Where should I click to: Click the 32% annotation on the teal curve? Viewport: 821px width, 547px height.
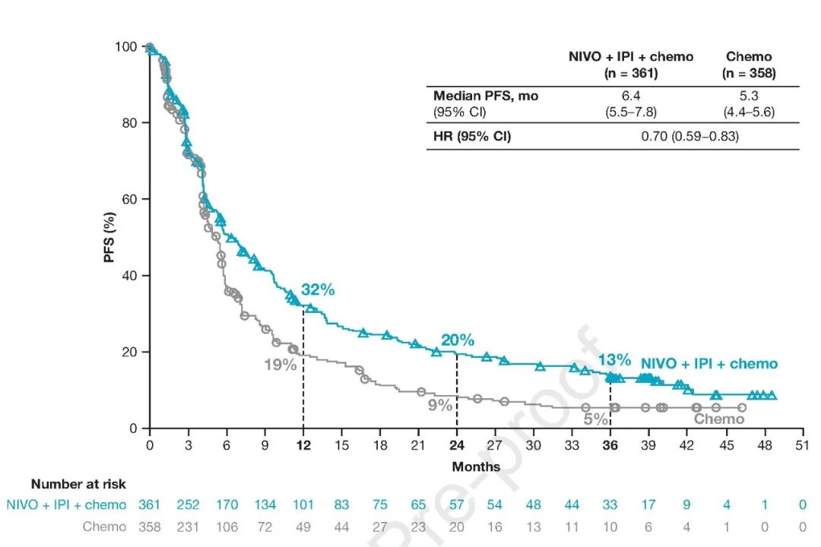(318, 289)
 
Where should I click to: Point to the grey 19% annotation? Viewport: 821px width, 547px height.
(280, 365)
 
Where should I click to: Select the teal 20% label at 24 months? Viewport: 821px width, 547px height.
(457, 340)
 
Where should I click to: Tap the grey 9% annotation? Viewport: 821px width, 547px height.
(439, 406)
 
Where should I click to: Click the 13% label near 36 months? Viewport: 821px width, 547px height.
(614, 359)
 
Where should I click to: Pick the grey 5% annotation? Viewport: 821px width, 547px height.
(596, 419)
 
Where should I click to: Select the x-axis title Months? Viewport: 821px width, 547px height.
(476, 466)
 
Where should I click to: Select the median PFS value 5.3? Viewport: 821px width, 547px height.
(748, 96)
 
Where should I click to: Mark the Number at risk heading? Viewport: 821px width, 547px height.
(78, 484)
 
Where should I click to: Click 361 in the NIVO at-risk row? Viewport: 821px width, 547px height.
(150, 504)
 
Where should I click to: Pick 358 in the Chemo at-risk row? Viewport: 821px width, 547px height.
(150, 526)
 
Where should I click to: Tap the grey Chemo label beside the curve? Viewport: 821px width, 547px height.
(719, 419)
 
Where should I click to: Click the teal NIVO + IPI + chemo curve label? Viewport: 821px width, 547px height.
(709, 364)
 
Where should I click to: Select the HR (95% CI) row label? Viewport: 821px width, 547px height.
(472, 137)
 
